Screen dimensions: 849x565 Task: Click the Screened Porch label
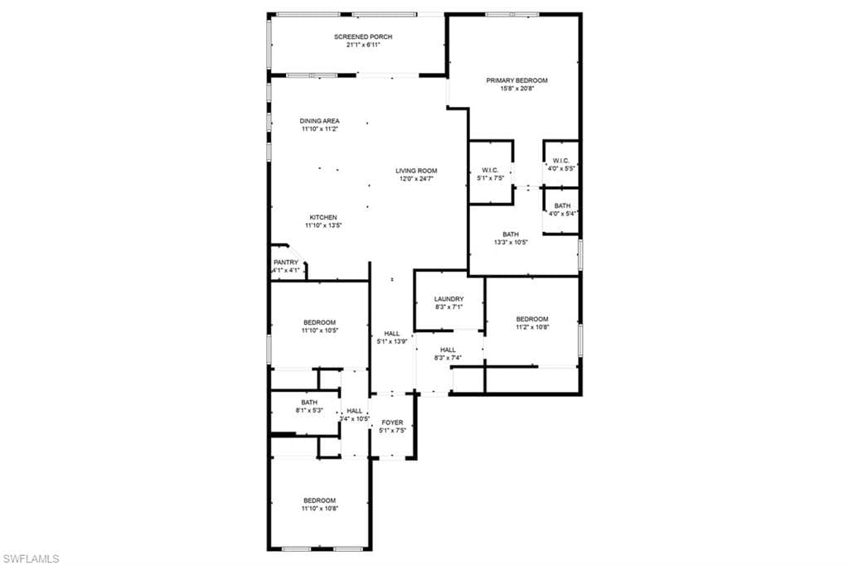tap(363, 36)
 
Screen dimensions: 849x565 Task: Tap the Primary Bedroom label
tap(517, 80)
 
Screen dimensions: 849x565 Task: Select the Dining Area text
tap(319, 121)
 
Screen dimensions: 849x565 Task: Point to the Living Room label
tap(416, 171)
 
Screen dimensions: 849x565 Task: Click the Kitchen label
tap(323, 218)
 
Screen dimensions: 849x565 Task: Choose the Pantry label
tap(286, 263)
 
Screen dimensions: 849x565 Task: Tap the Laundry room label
tap(449, 299)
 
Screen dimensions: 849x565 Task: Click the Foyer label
tap(392, 423)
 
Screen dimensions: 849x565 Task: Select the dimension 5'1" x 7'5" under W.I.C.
tap(491, 178)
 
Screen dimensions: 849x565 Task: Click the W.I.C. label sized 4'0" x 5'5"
tap(561, 161)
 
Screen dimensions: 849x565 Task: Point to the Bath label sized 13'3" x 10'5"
tap(511, 234)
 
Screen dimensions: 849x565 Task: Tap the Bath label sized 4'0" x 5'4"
tap(563, 205)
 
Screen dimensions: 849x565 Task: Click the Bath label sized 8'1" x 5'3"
tap(309, 403)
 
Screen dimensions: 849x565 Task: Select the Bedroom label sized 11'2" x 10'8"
tap(531, 319)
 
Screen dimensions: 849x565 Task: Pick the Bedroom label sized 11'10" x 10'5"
tap(319, 322)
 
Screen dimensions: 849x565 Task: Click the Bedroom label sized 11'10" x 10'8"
tap(319, 500)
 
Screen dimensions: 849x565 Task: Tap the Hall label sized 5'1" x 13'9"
tap(392, 334)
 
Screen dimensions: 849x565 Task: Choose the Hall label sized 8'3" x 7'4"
tap(448, 350)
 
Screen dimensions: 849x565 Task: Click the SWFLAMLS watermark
tap(31, 558)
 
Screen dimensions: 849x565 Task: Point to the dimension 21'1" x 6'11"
tap(363, 45)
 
